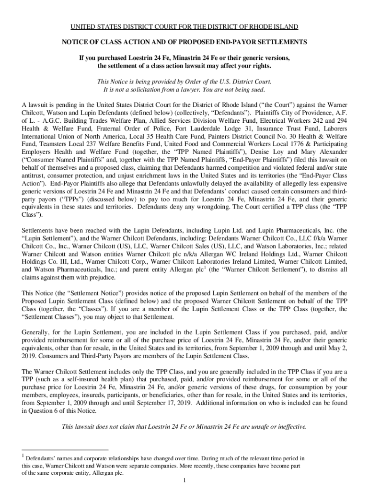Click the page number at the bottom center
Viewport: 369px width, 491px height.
pyautogui.click(x=184, y=481)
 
